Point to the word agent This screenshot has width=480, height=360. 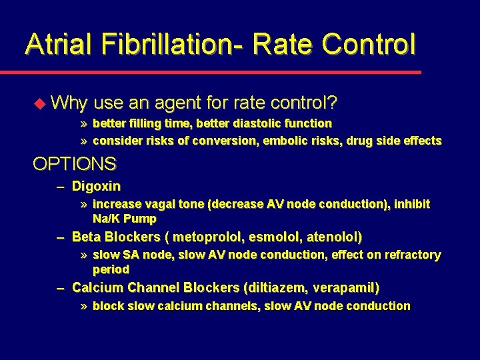coord(180,103)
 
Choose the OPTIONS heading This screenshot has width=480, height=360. coord(75,163)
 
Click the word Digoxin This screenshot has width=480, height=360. coord(96,186)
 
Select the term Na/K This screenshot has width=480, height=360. coord(107,219)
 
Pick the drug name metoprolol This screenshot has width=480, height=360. coord(209,237)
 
